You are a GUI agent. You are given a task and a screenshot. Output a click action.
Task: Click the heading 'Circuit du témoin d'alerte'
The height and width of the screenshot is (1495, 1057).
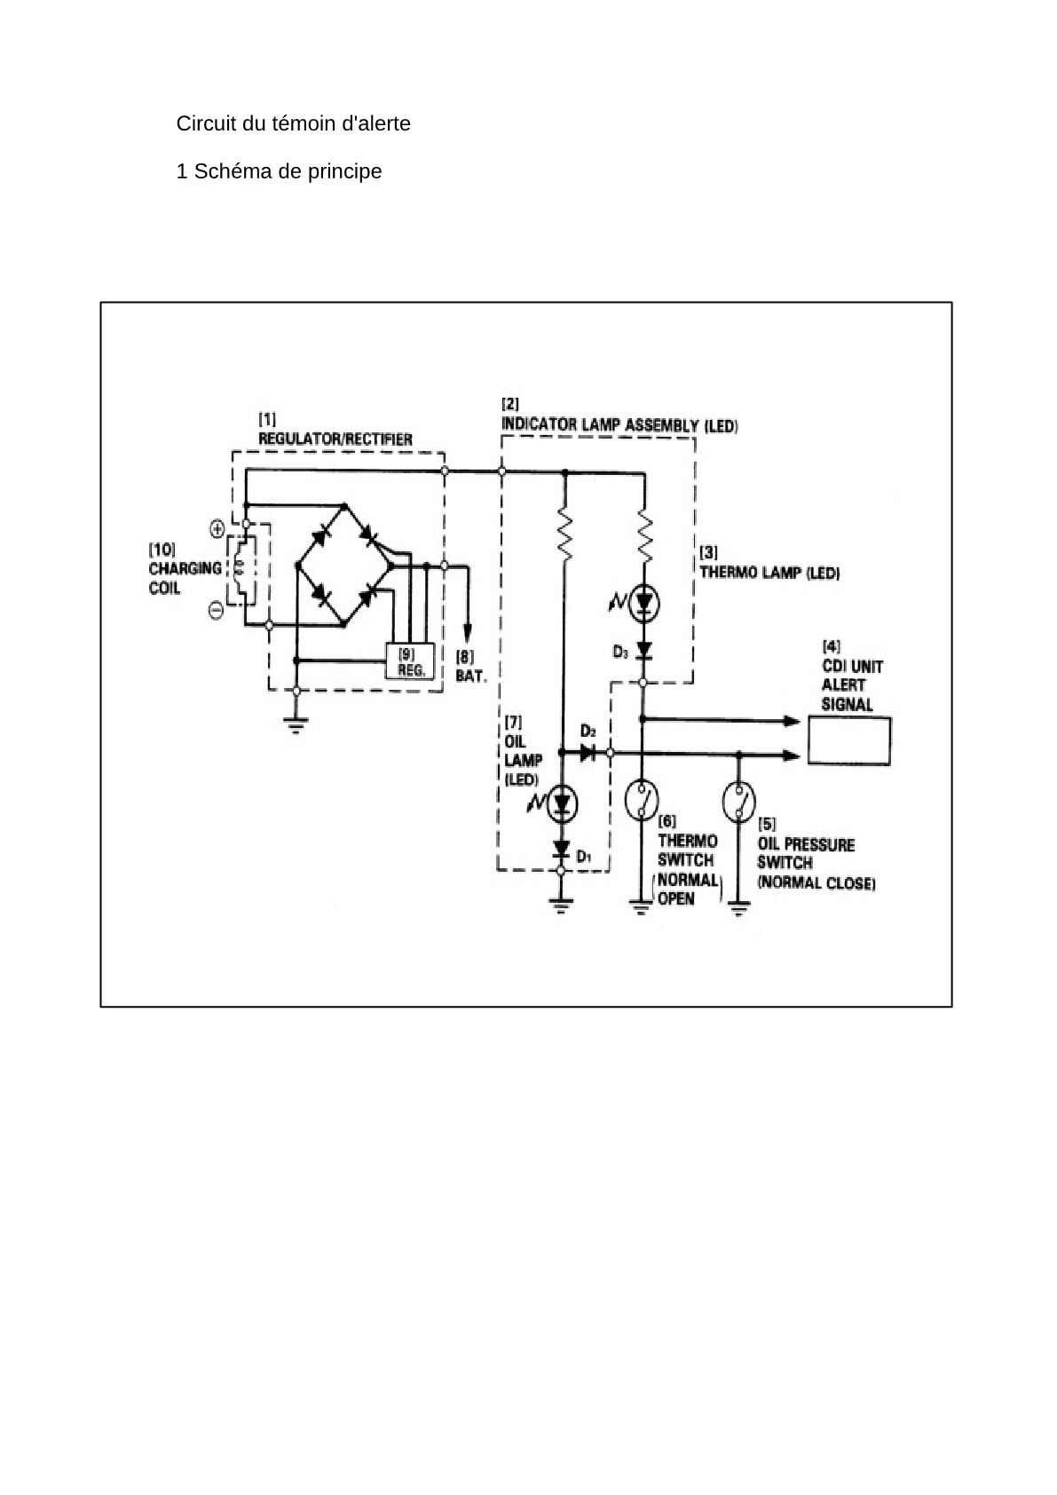pos(293,123)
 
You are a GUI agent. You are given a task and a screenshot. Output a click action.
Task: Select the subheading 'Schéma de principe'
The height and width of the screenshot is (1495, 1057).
pos(288,171)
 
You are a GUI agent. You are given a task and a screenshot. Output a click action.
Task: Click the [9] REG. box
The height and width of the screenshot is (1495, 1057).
pos(410,661)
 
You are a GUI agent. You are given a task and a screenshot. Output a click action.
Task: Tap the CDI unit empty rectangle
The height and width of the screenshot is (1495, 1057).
pos(848,740)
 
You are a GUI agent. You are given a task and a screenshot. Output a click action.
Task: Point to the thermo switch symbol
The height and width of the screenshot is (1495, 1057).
pos(642,800)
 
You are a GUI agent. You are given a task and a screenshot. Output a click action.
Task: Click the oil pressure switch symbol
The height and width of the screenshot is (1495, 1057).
pos(738,802)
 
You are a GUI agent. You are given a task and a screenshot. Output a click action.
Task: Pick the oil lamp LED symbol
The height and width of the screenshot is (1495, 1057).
pos(562,804)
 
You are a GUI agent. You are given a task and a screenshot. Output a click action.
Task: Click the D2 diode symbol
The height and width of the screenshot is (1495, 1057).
pos(588,754)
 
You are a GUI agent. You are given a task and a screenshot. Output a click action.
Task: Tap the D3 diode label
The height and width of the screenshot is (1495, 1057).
pos(620,652)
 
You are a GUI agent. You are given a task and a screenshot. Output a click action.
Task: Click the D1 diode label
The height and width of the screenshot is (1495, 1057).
pos(584,856)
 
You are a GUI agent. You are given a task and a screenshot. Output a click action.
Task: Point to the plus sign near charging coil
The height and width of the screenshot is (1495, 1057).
pos(217,530)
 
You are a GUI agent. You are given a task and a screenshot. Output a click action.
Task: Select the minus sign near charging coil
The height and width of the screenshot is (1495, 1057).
pos(217,610)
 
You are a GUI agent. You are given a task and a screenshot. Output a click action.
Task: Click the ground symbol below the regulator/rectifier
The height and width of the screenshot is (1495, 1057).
pos(296,724)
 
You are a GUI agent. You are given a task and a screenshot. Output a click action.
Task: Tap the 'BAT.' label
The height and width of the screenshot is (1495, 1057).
pos(471,676)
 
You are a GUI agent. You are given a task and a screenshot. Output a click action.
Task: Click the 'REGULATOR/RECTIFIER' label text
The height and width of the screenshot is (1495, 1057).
pos(335,439)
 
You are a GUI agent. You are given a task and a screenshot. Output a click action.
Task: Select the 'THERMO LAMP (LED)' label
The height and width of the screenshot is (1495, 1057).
pos(769,573)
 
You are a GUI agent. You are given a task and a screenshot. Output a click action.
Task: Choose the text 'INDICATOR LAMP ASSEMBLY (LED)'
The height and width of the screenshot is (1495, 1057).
pos(620,425)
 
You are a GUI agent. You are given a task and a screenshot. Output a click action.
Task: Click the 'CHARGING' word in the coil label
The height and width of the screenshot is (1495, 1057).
pos(185,569)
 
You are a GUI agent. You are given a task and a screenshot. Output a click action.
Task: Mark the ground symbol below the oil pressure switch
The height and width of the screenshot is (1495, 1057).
pos(738,908)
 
